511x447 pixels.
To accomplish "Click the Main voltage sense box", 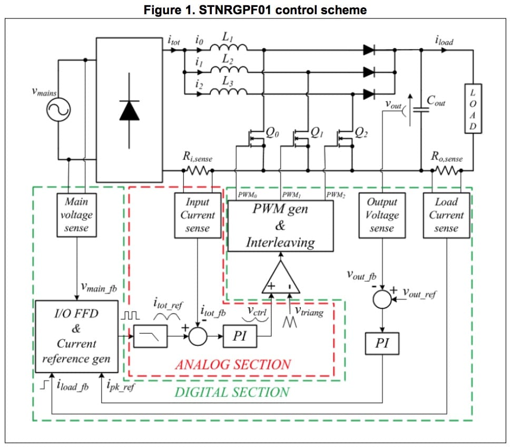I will [77, 215].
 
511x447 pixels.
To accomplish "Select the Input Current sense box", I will [198, 215].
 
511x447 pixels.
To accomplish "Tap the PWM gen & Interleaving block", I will [280, 226].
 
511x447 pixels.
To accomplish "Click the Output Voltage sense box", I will [382, 215].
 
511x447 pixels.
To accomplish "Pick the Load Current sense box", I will [446, 215].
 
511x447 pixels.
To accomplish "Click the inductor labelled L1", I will [229, 49].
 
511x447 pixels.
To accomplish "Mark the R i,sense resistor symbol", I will [197, 170].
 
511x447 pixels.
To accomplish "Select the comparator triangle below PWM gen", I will [281, 279].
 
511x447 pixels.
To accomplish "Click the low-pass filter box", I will [150, 335].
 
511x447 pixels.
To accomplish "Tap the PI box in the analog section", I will [239, 336].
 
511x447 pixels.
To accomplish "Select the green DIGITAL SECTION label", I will [232, 392].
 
